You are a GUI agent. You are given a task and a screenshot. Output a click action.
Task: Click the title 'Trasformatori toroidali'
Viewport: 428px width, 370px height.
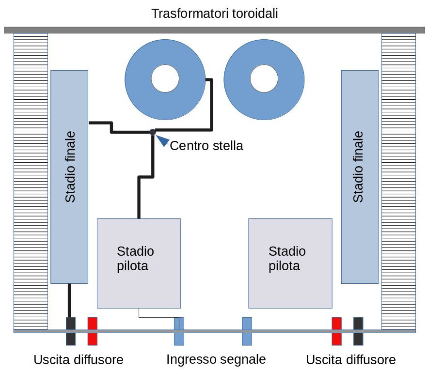coord(215,14)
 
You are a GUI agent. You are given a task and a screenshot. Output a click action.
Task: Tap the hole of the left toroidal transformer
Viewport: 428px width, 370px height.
coord(165,78)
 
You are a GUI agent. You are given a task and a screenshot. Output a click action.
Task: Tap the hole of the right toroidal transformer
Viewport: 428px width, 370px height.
coord(264,78)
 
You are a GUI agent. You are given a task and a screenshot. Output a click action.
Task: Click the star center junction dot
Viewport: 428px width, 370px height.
coord(153,132)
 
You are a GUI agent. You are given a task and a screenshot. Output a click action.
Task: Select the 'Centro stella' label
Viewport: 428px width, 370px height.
coord(206,146)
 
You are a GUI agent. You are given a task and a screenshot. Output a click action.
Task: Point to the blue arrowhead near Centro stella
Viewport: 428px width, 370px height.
coord(163,140)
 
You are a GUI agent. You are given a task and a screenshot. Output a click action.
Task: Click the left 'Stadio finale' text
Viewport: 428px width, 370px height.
coord(70,167)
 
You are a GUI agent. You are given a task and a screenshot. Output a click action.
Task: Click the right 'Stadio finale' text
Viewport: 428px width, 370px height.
coord(358,167)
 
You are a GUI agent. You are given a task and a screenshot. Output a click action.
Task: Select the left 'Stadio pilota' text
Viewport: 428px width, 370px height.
coord(135,259)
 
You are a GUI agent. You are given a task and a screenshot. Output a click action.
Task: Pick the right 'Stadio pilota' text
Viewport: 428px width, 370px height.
coord(287,259)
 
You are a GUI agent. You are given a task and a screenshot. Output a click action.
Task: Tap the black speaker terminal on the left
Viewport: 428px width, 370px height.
coord(71,331)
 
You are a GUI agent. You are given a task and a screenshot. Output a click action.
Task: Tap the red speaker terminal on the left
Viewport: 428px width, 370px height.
coord(93,331)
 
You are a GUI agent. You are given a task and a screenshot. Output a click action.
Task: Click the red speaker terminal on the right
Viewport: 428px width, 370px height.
coord(336,331)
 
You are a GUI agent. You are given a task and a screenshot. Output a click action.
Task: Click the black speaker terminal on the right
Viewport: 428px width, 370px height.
coord(358,331)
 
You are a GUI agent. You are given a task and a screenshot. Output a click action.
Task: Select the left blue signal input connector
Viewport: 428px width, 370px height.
coord(179,331)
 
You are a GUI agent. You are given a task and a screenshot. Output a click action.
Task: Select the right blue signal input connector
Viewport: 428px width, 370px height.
coord(247,331)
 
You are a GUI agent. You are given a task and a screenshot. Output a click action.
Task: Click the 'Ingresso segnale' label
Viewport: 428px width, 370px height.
coord(216,359)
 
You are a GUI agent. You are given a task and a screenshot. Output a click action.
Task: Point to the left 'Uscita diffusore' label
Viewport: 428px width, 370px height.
coord(79,360)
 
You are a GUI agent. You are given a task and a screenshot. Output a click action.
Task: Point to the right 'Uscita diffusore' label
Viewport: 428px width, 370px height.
coord(351,360)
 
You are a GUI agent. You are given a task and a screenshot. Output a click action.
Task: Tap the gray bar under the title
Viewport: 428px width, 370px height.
coord(214,30)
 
